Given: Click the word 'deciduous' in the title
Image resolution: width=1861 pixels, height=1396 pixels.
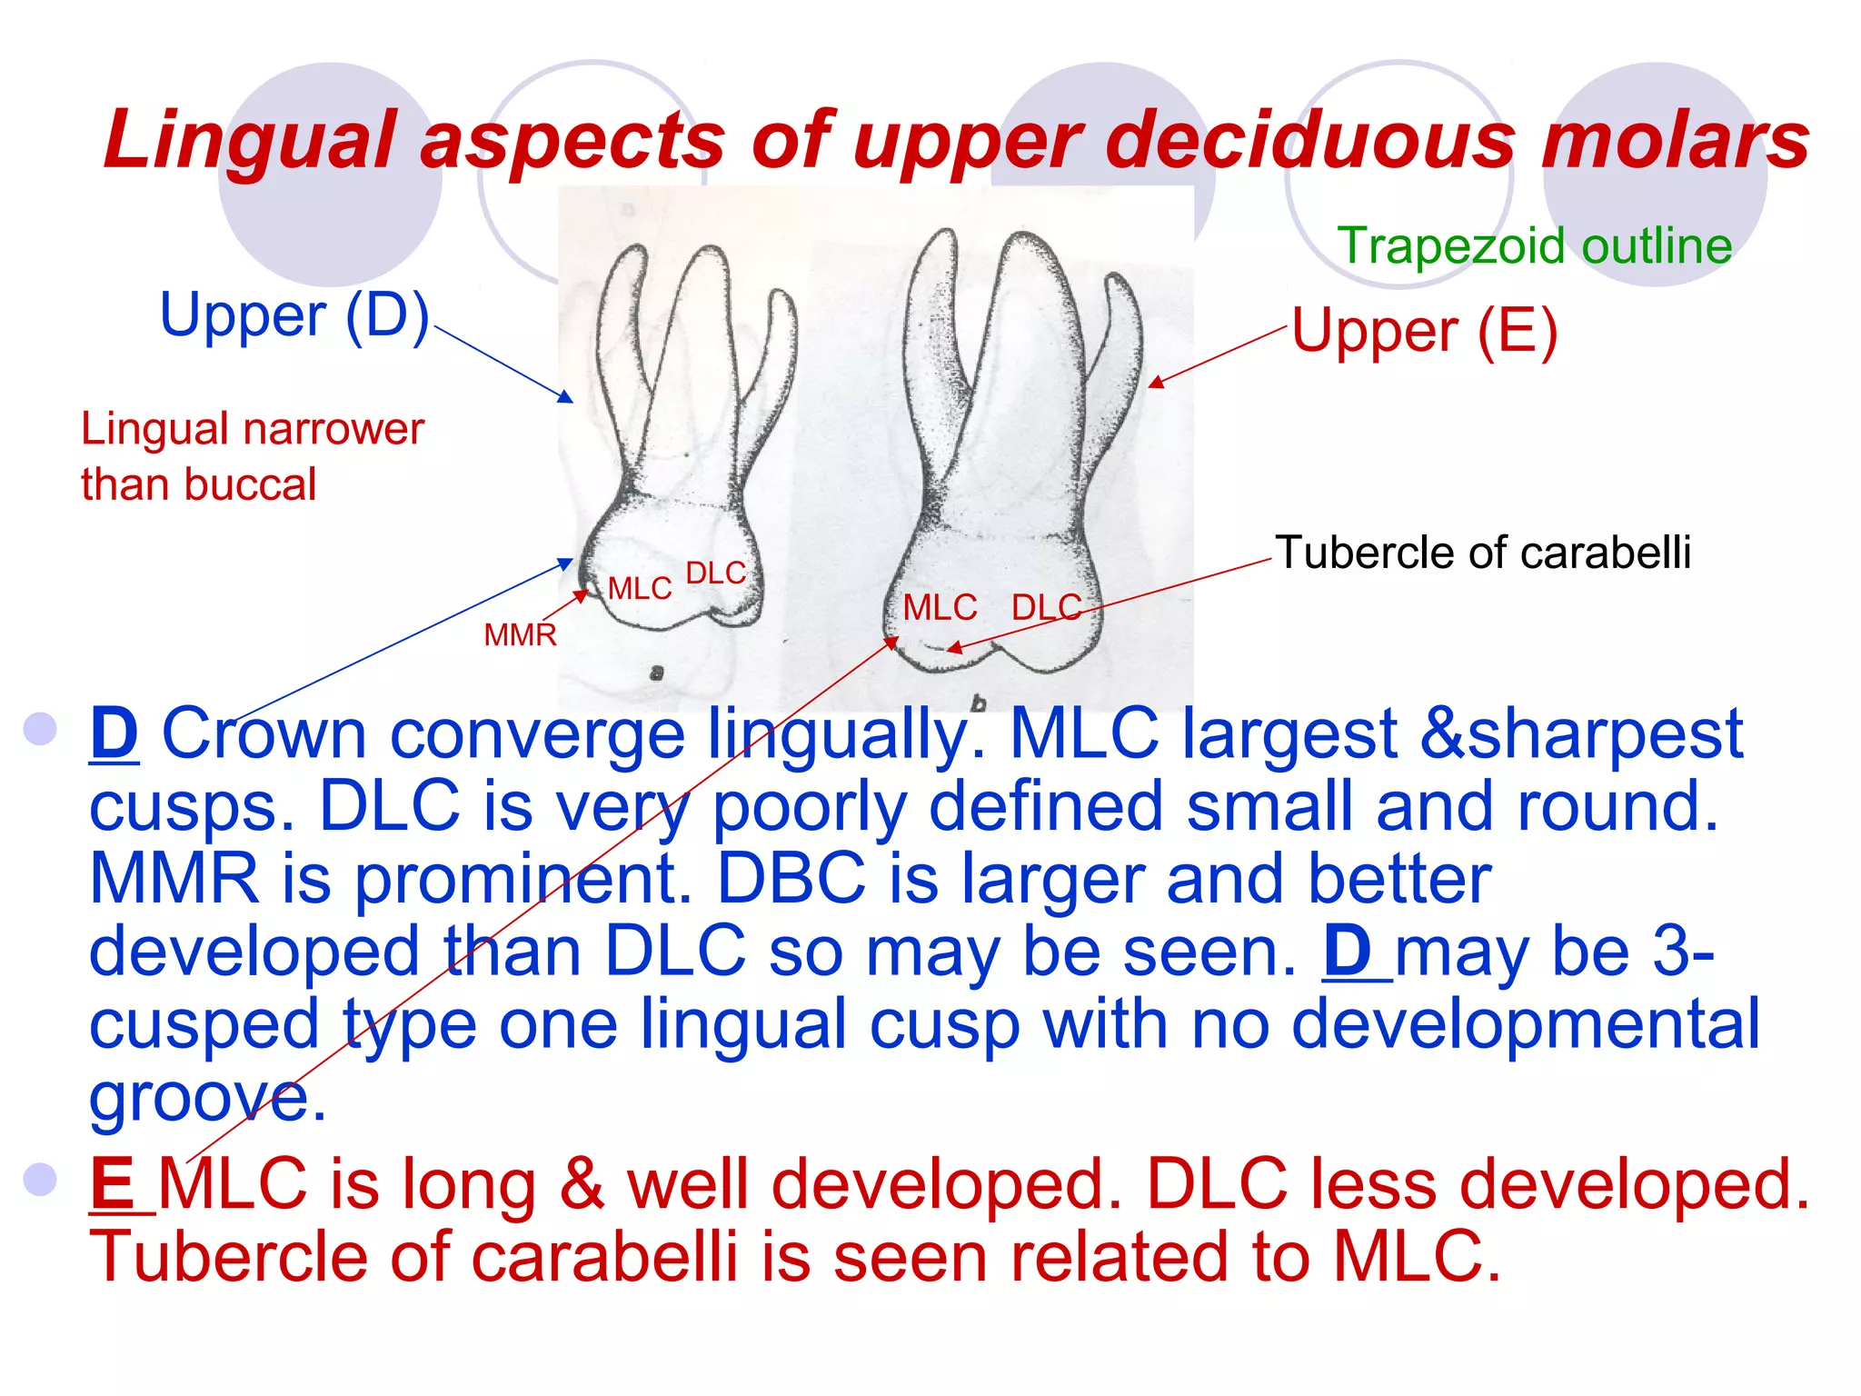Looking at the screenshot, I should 1309,141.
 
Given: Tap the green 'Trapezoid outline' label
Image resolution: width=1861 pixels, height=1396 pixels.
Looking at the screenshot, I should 1534,246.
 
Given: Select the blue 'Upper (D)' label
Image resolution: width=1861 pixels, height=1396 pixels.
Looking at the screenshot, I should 294,315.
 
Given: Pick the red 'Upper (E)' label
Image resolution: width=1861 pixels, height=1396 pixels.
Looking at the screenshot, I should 1424,331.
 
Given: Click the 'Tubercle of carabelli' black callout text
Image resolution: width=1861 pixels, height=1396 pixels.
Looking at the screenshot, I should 1482,553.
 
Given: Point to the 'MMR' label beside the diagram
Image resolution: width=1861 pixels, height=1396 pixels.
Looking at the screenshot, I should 520,634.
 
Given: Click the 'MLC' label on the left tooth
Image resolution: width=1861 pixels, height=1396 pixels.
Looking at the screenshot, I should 640,589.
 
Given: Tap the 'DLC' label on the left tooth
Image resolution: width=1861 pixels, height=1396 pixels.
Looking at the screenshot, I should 715,573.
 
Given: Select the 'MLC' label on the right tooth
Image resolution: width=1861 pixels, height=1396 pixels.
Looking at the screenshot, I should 940,607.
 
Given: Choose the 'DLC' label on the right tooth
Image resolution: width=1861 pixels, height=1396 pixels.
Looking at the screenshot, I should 1046,607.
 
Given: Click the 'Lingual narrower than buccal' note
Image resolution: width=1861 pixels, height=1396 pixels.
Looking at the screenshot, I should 252,456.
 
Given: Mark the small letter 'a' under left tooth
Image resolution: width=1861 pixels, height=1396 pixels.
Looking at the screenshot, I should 656,673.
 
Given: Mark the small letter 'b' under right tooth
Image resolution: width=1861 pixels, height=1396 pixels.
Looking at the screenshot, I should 978,702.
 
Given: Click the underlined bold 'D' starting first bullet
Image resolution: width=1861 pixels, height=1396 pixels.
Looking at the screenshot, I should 114,733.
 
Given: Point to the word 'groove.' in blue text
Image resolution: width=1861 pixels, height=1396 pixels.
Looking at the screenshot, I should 207,1097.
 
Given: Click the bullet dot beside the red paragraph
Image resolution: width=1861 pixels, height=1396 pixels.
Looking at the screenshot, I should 41,1179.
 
